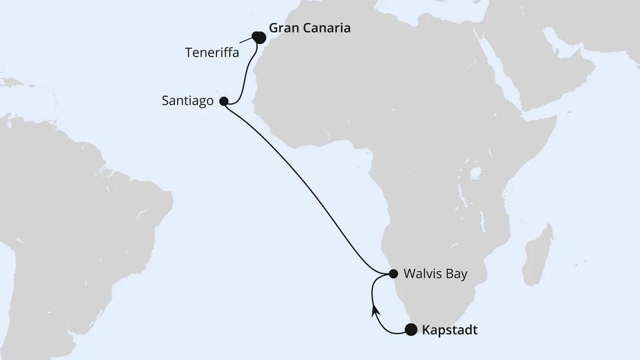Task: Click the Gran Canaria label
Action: pyautogui.click(x=309, y=28)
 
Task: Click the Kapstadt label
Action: pyautogui.click(x=450, y=331)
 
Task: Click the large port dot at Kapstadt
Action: pyautogui.click(x=410, y=330)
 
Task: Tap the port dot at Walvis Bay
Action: pyautogui.click(x=393, y=273)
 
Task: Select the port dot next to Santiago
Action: pyautogui.click(x=224, y=101)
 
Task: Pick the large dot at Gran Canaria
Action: pyautogui.click(x=259, y=37)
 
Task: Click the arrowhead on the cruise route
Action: pyautogui.click(x=375, y=311)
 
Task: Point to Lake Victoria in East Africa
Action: pyautogui.click(x=476, y=173)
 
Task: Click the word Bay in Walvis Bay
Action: pyautogui.click(x=454, y=273)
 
